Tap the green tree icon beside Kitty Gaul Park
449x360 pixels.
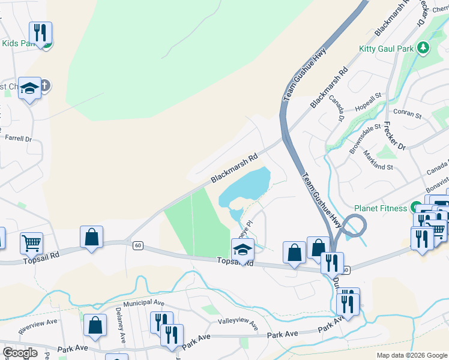click(424, 47)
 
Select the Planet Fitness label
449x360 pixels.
click(381, 208)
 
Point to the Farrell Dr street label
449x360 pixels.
click(18, 139)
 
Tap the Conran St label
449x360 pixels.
click(408, 112)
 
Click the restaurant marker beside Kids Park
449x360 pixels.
click(40, 33)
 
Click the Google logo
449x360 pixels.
click(20, 353)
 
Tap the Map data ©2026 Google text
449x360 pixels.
click(411, 355)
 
